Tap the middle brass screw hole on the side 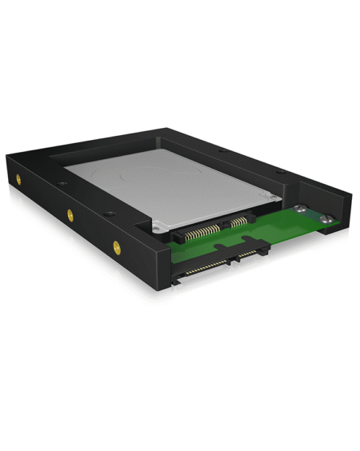click(x=70, y=214)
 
